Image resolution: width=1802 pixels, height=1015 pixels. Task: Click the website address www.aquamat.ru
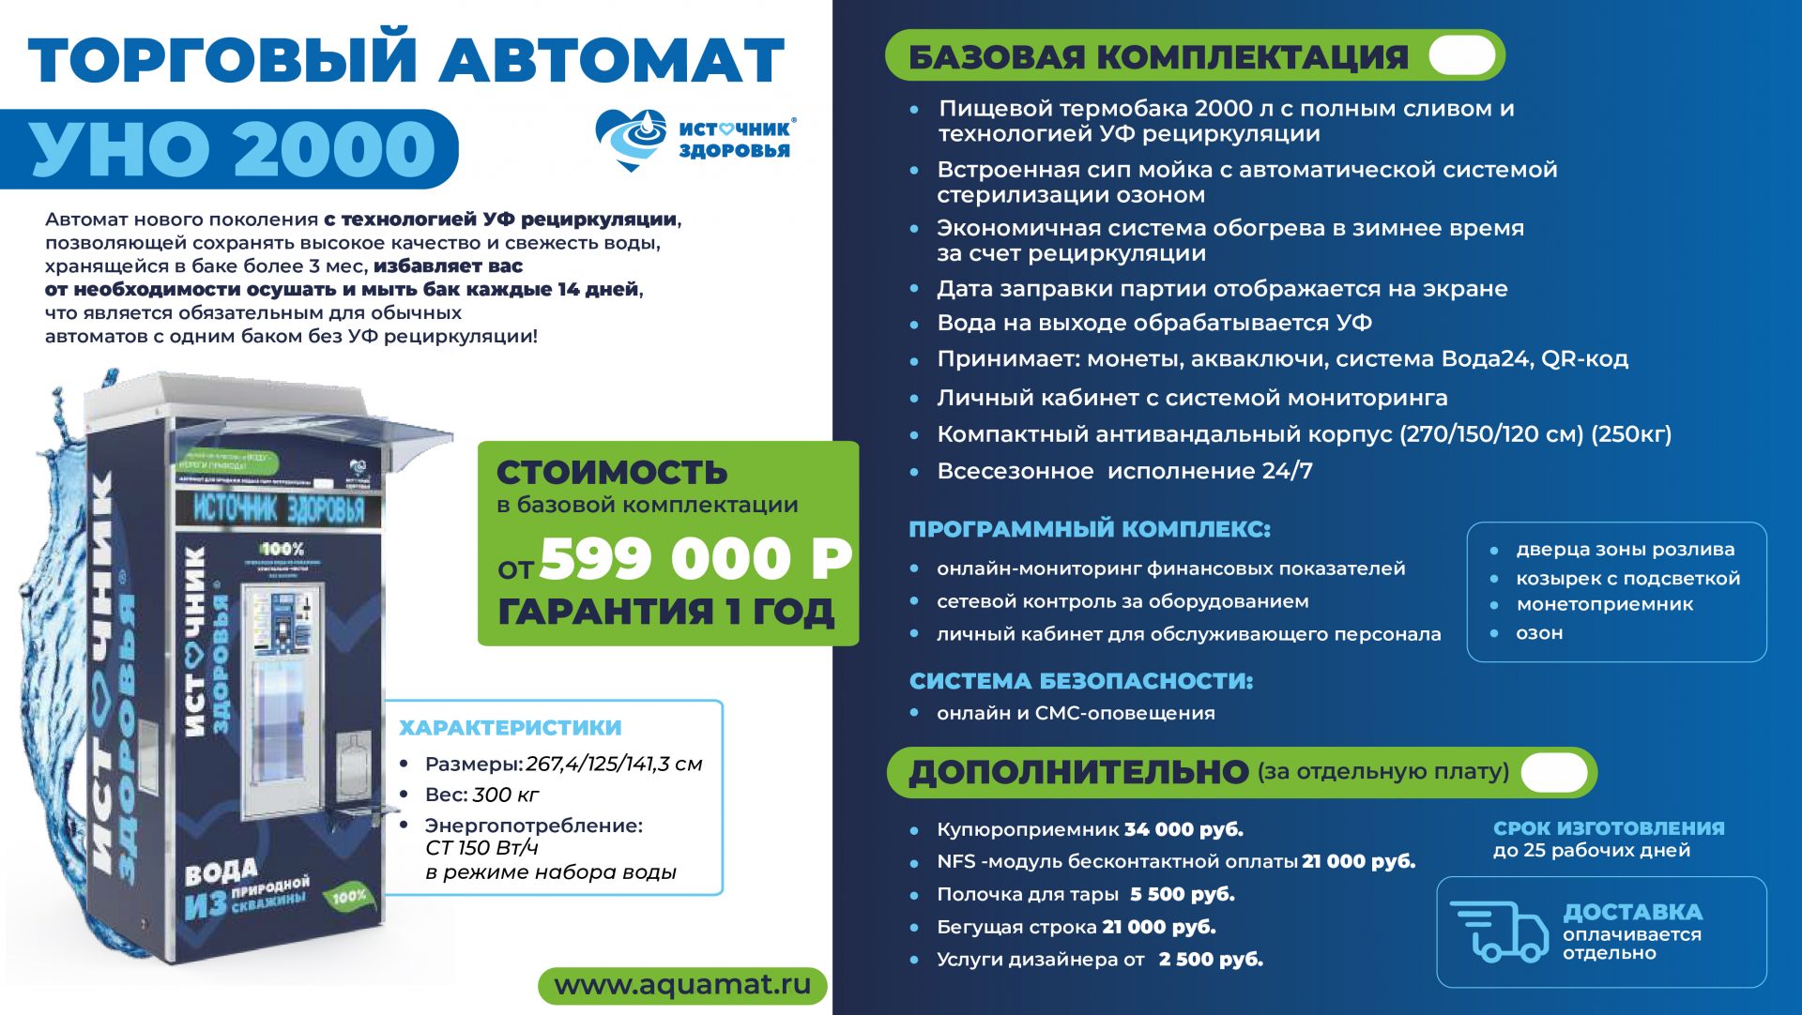[x=682, y=985]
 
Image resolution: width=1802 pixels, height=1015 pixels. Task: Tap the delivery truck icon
[x=1500, y=932]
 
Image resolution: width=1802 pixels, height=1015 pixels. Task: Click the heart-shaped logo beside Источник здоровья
[x=632, y=139]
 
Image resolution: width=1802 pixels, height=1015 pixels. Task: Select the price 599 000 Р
[x=695, y=559]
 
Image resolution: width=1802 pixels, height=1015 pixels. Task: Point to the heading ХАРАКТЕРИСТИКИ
[x=510, y=728]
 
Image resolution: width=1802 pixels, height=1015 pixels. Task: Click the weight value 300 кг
[x=505, y=795]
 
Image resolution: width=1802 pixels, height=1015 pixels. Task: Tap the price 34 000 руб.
[x=1184, y=829]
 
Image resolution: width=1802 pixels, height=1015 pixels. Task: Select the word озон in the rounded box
[x=1539, y=633]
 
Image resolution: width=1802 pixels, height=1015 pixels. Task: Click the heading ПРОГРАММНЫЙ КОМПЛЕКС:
[x=1089, y=529]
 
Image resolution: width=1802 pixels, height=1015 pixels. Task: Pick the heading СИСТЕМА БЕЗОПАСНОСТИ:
[x=1080, y=681]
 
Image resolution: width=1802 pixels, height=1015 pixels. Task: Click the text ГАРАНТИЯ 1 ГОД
[x=665, y=612]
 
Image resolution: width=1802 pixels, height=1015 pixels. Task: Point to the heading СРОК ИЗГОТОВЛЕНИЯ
[x=1609, y=828]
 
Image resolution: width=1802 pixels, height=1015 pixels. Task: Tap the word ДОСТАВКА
[x=1632, y=912]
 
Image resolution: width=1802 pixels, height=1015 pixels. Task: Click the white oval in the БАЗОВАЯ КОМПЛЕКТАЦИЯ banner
[x=1461, y=55]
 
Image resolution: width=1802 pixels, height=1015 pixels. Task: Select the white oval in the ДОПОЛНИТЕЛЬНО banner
[x=1553, y=772]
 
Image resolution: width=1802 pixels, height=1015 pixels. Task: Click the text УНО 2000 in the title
[x=233, y=149]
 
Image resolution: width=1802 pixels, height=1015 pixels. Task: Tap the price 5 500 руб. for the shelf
[x=1182, y=894]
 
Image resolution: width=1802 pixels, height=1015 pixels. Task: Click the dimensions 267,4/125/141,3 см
[x=614, y=764]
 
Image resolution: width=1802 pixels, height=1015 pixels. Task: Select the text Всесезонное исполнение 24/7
[x=1124, y=471]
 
